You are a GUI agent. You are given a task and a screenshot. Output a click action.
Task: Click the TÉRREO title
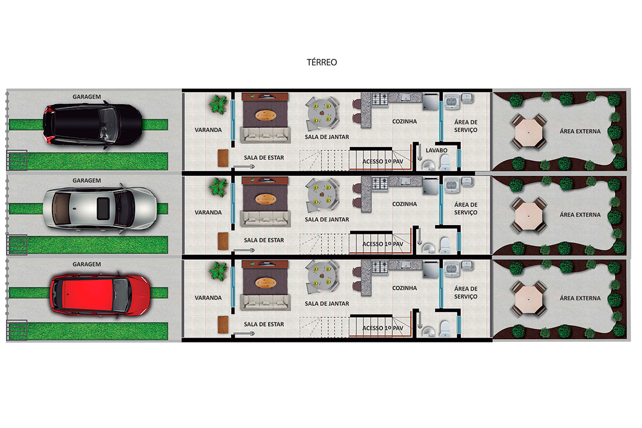click(x=322, y=63)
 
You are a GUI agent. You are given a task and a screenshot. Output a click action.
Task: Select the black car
click(x=92, y=124)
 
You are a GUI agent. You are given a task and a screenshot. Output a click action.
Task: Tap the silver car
click(x=99, y=207)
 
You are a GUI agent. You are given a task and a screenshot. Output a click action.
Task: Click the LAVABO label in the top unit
click(x=437, y=150)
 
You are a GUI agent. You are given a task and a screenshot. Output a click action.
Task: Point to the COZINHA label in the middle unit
click(x=404, y=204)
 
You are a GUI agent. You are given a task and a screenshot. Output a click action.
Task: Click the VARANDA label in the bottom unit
click(x=208, y=297)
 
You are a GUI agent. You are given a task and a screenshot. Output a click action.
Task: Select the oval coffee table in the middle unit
click(x=266, y=199)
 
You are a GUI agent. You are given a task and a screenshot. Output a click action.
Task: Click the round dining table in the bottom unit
click(x=323, y=274)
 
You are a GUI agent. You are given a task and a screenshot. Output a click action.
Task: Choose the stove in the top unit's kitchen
click(x=380, y=100)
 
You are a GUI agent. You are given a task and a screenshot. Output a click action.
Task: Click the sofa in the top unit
click(x=265, y=135)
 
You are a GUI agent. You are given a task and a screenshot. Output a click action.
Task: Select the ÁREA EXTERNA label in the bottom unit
click(x=580, y=298)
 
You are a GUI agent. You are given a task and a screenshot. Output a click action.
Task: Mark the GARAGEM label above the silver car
click(x=87, y=181)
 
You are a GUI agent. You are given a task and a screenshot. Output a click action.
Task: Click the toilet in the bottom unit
click(x=445, y=328)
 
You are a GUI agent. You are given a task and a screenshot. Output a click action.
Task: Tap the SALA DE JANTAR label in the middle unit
click(x=327, y=219)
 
